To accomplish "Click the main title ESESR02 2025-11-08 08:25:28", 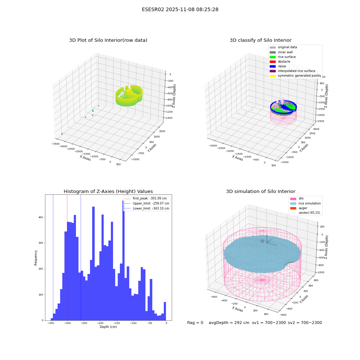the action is coord(180,9).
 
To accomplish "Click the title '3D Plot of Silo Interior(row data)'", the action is coord(108,40).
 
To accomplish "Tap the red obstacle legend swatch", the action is coord(273,62).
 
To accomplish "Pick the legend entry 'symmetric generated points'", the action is coord(295,76).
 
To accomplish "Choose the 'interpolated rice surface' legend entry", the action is coord(292,71).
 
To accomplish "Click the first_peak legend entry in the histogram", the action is coord(145,198).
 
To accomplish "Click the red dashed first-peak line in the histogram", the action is coord(67,257).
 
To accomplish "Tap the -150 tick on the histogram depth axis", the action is coord(117,323).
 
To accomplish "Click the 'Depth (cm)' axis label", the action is coord(108,327).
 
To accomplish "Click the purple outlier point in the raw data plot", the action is coord(62,134).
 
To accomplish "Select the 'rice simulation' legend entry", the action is coord(305,203).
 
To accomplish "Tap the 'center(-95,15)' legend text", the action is coord(309,213).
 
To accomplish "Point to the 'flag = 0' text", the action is coord(195,323).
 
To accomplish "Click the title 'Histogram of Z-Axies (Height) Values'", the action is coord(108,192).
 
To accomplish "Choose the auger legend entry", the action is coord(299,208).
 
